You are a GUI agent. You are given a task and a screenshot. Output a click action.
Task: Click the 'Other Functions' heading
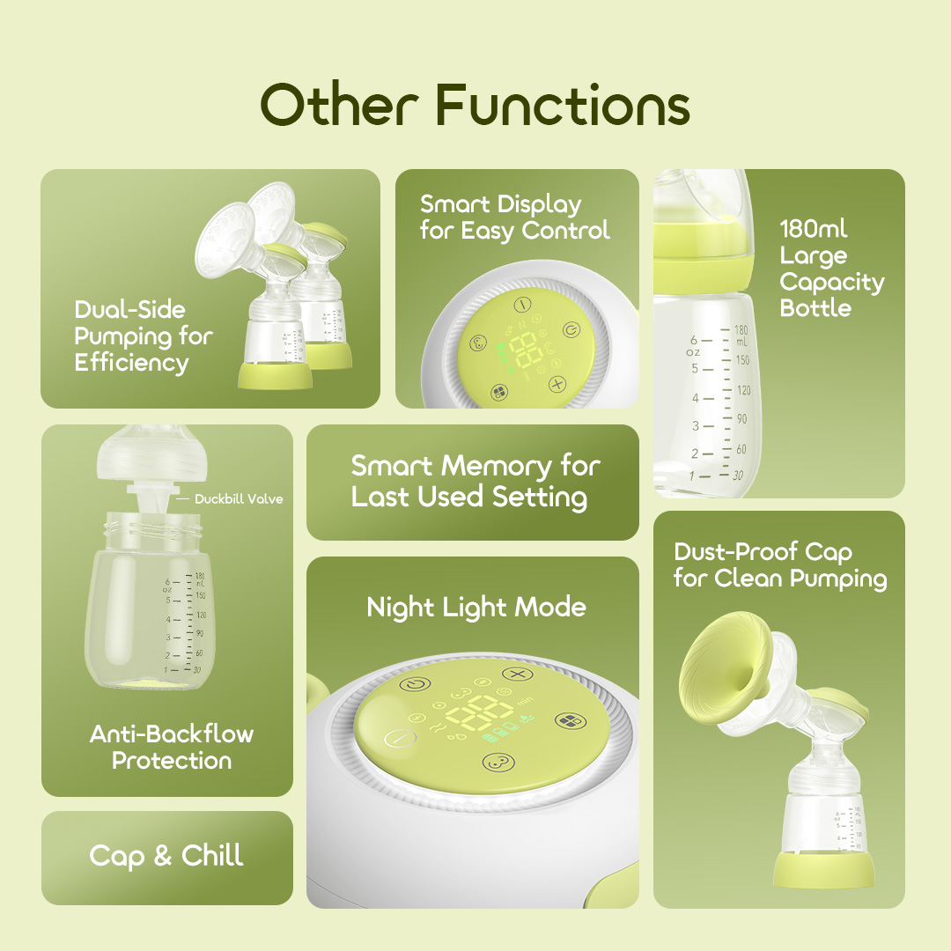pyautogui.click(x=475, y=104)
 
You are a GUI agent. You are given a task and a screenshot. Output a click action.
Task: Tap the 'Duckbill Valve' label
pyautogui.click(x=239, y=499)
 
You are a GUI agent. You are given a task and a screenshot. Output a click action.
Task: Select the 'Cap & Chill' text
pyautogui.click(x=166, y=856)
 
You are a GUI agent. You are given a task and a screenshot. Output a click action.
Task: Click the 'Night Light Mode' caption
pyautogui.click(x=476, y=607)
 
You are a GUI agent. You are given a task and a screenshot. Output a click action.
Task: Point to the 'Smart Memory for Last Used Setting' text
pyautogui.click(x=475, y=483)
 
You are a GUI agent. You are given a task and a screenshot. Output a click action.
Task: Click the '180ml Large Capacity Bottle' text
pyautogui.click(x=831, y=268)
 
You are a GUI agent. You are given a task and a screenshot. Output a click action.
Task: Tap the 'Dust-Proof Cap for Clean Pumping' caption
pyautogui.click(x=780, y=565)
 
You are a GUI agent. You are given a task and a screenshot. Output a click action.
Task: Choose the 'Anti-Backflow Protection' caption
pyautogui.click(x=172, y=747)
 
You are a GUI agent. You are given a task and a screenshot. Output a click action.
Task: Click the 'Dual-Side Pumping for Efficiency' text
pyautogui.click(x=144, y=336)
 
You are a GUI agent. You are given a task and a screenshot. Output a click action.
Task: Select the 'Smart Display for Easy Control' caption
pyautogui.click(x=514, y=217)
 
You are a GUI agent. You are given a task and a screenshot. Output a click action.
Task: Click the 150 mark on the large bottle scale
pyautogui.click(x=742, y=359)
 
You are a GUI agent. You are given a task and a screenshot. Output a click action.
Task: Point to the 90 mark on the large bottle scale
pyautogui.click(x=741, y=418)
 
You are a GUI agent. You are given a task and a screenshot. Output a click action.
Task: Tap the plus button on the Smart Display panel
pyautogui.click(x=557, y=384)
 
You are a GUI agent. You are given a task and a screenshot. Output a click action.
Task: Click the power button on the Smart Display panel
pyautogui.click(x=571, y=330)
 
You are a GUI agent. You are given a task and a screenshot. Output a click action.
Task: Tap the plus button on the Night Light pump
pyautogui.click(x=518, y=674)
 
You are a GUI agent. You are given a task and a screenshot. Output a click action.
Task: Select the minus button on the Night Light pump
pyautogui.click(x=401, y=738)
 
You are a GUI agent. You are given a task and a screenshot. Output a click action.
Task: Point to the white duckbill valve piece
pyautogui.click(x=152, y=498)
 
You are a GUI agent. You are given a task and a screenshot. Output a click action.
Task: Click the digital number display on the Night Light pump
pyautogui.click(x=479, y=713)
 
